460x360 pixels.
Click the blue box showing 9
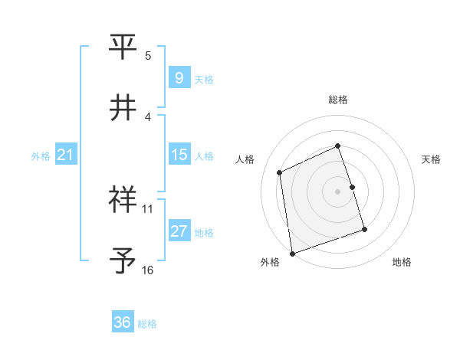(179, 77)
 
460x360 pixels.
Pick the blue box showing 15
(179, 155)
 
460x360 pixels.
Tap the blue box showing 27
(179, 231)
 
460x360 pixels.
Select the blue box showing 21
(66, 155)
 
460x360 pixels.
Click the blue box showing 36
(123, 322)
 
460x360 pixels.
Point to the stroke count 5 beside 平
(148, 56)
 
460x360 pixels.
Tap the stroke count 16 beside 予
(148, 270)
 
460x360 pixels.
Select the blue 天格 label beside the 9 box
(204, 79)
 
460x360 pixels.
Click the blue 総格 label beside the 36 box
(147, 324)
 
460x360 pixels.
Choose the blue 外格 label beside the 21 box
(41, 155)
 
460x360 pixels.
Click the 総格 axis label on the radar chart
(338, 100)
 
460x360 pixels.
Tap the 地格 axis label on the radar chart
(402, 263)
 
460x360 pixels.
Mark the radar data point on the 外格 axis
(291, 253)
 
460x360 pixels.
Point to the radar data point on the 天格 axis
(353, 186)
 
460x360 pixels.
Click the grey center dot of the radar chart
(338, 191)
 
